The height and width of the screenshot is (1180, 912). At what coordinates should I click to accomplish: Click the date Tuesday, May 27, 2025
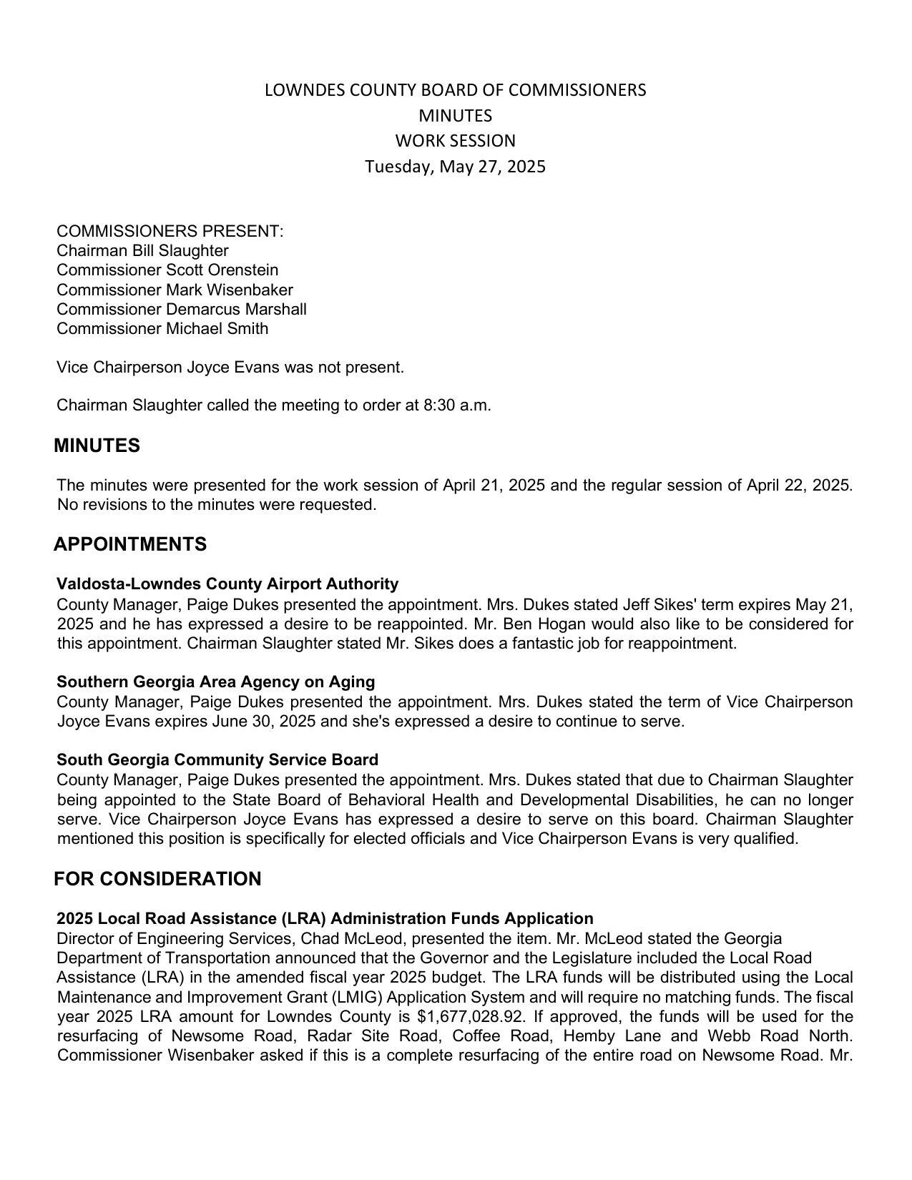click(455, 167)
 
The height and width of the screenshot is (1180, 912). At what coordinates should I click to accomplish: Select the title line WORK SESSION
click(455, 141)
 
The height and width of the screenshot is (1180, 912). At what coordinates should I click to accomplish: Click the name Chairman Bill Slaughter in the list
click(142, 251)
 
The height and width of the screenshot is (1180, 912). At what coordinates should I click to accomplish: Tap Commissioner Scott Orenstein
click(167, 270)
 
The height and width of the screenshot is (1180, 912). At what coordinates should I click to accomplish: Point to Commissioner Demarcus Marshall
click(181, 310)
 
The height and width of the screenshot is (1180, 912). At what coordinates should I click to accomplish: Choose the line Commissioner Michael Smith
click(162, 329)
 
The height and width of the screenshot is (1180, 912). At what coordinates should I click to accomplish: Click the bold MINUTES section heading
click(97, 446)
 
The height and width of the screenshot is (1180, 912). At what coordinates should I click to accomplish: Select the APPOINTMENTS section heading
click(130, 544)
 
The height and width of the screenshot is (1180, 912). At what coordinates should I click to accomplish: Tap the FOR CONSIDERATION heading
click(157, 879)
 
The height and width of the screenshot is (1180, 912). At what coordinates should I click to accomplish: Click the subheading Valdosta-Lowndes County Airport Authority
click(227, 584)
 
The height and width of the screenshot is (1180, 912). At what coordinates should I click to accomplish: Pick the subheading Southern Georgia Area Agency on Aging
click(215, 682)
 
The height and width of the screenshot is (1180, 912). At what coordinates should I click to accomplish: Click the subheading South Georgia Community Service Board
click(217, 759)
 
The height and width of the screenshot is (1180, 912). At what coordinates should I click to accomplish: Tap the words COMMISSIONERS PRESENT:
click(170, 232)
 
